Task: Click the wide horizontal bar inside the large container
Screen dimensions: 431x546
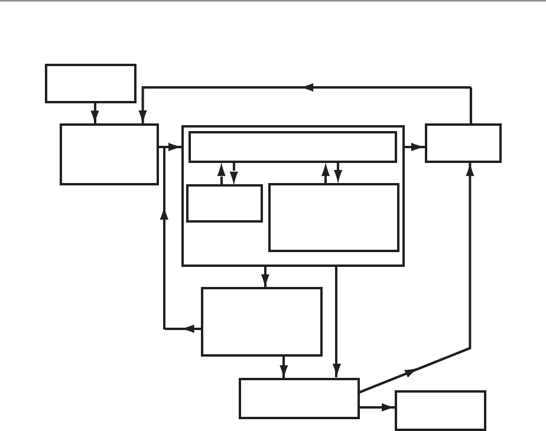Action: pos(292,146)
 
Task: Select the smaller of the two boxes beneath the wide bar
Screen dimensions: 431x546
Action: pos(225,204)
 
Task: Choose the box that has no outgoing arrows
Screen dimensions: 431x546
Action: pos(441,410)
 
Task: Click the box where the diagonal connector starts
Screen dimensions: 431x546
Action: pos(299,398)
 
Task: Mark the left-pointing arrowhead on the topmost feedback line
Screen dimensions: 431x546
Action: pos(308,87)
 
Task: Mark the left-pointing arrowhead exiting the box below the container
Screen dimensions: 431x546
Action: pos(190,328)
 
